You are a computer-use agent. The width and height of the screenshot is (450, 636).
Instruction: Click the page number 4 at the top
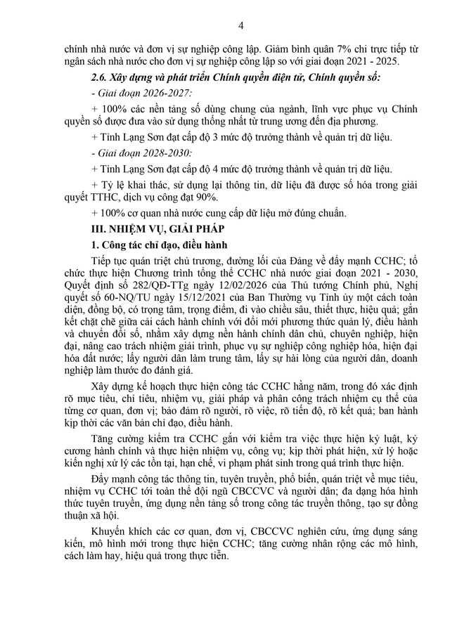point(240,27)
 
